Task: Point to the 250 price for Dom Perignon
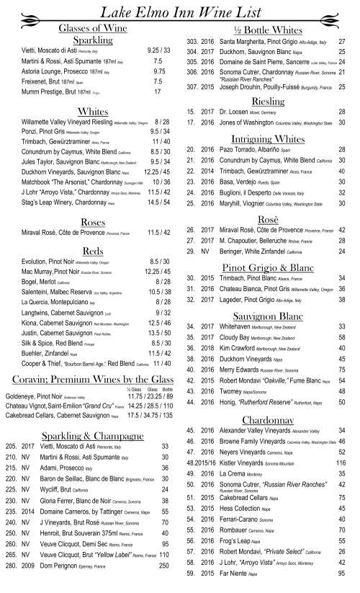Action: point(162,586)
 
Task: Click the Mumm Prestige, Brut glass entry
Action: point(50,93)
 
